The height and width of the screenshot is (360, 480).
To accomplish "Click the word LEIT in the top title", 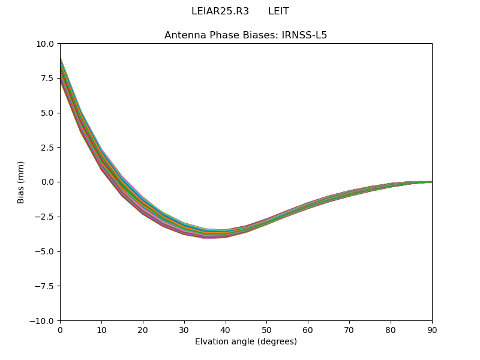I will click(x=278, y=11).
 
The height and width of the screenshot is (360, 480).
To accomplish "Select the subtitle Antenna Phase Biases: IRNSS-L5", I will click(x=246, y=35).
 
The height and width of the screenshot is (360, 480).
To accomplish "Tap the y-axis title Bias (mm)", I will click(x=21, y=182).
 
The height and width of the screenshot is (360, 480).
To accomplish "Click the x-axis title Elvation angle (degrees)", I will click(x=246, y=342).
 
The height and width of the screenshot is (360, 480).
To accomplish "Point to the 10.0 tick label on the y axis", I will click(x=45, y=44).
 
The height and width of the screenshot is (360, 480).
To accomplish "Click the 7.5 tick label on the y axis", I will click(x=47, y=78).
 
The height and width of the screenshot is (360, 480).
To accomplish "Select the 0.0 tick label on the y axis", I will click(x=47, y=182).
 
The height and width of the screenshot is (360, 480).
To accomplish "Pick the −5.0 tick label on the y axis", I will click(x=45, y=251).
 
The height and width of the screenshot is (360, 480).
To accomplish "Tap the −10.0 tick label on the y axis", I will click(x=43, y=320).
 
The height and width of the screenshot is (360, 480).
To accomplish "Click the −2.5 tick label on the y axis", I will click(x=45, y=217).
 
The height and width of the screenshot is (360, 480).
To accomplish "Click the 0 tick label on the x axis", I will click(x=60, y=329).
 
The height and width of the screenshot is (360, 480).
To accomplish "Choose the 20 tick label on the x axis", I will click(x=143, y=329).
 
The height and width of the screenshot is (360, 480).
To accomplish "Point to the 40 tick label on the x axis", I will click(x=226, y=329).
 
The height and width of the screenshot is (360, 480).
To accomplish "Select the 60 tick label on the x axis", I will click(x=308, y=329).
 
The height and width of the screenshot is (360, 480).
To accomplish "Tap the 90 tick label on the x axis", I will click(x=432, y=329).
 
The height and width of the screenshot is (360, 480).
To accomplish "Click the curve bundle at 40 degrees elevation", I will click(x=226, y=234).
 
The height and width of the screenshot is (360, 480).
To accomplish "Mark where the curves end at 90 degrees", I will click(x=431, y=182).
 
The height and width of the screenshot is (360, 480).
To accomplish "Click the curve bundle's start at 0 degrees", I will click(x=61, y=70).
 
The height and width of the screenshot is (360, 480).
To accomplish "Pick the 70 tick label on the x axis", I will click(x=349, y=329).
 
